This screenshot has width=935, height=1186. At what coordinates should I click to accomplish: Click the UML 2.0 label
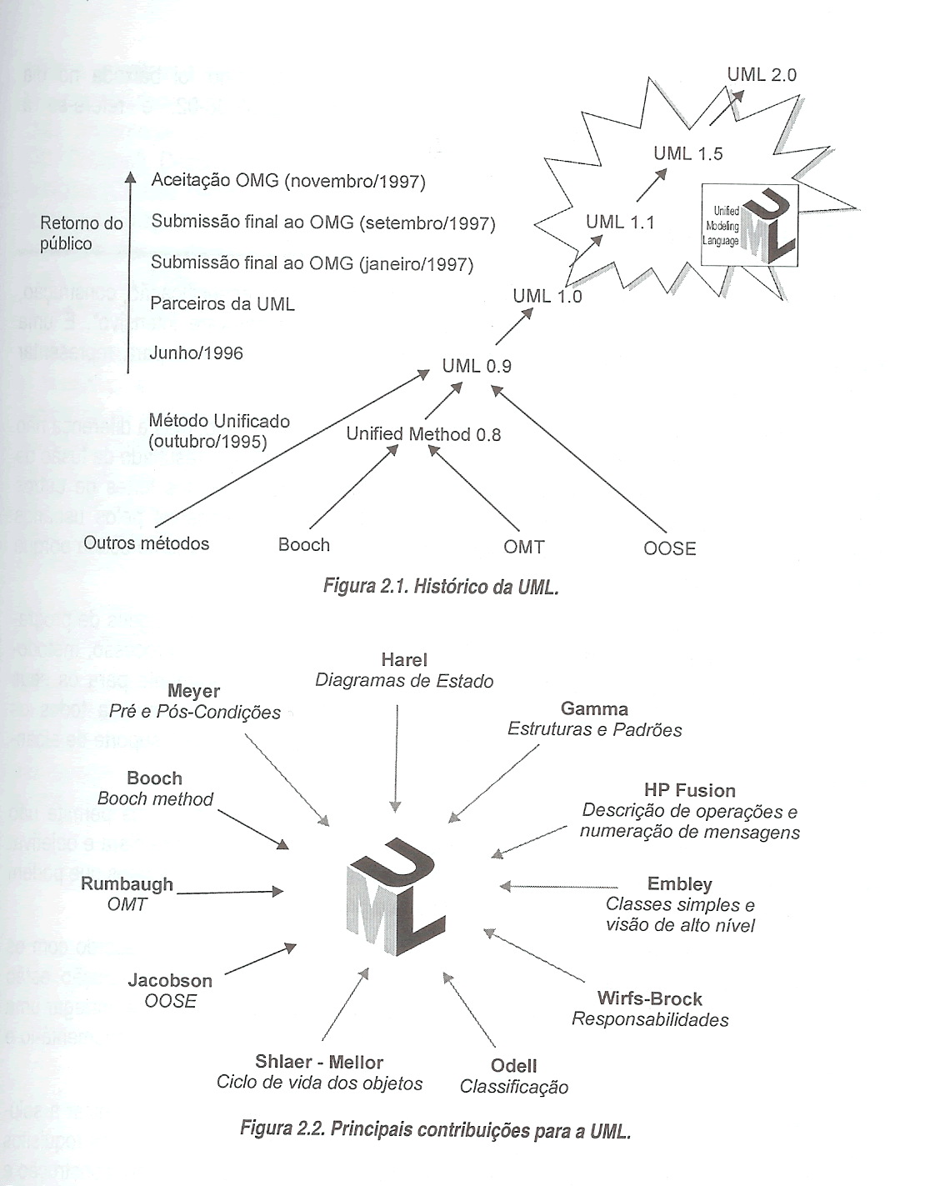[761, 75]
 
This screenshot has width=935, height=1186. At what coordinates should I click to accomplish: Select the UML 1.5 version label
[687, 153]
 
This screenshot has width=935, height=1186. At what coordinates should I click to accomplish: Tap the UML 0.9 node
[477, 366]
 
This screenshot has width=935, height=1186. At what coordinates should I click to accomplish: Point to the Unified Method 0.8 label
[423, 434]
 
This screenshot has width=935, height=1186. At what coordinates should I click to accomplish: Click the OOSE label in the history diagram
[669, 548]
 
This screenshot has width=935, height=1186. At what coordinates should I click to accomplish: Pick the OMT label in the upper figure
[523, 548]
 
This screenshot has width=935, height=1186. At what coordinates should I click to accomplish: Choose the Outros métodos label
[146, 543]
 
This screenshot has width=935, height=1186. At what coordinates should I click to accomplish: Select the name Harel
[404, 660]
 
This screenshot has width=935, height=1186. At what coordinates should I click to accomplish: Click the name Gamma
[594, 709]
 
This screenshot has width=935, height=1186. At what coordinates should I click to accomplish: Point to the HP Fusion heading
[689, 790]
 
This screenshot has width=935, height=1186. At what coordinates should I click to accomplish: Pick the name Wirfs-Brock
[649, 998]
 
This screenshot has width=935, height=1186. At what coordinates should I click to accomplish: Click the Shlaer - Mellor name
[319, 1063]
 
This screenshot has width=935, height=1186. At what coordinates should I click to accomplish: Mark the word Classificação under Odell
[514, 1088]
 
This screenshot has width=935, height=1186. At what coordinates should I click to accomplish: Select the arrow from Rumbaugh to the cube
[230, 893]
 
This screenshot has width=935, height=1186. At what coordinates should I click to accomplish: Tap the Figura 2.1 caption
[440, 587]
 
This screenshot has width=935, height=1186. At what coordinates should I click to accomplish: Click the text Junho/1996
[197, 353]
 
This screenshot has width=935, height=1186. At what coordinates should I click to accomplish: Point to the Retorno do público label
[81, 233]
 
